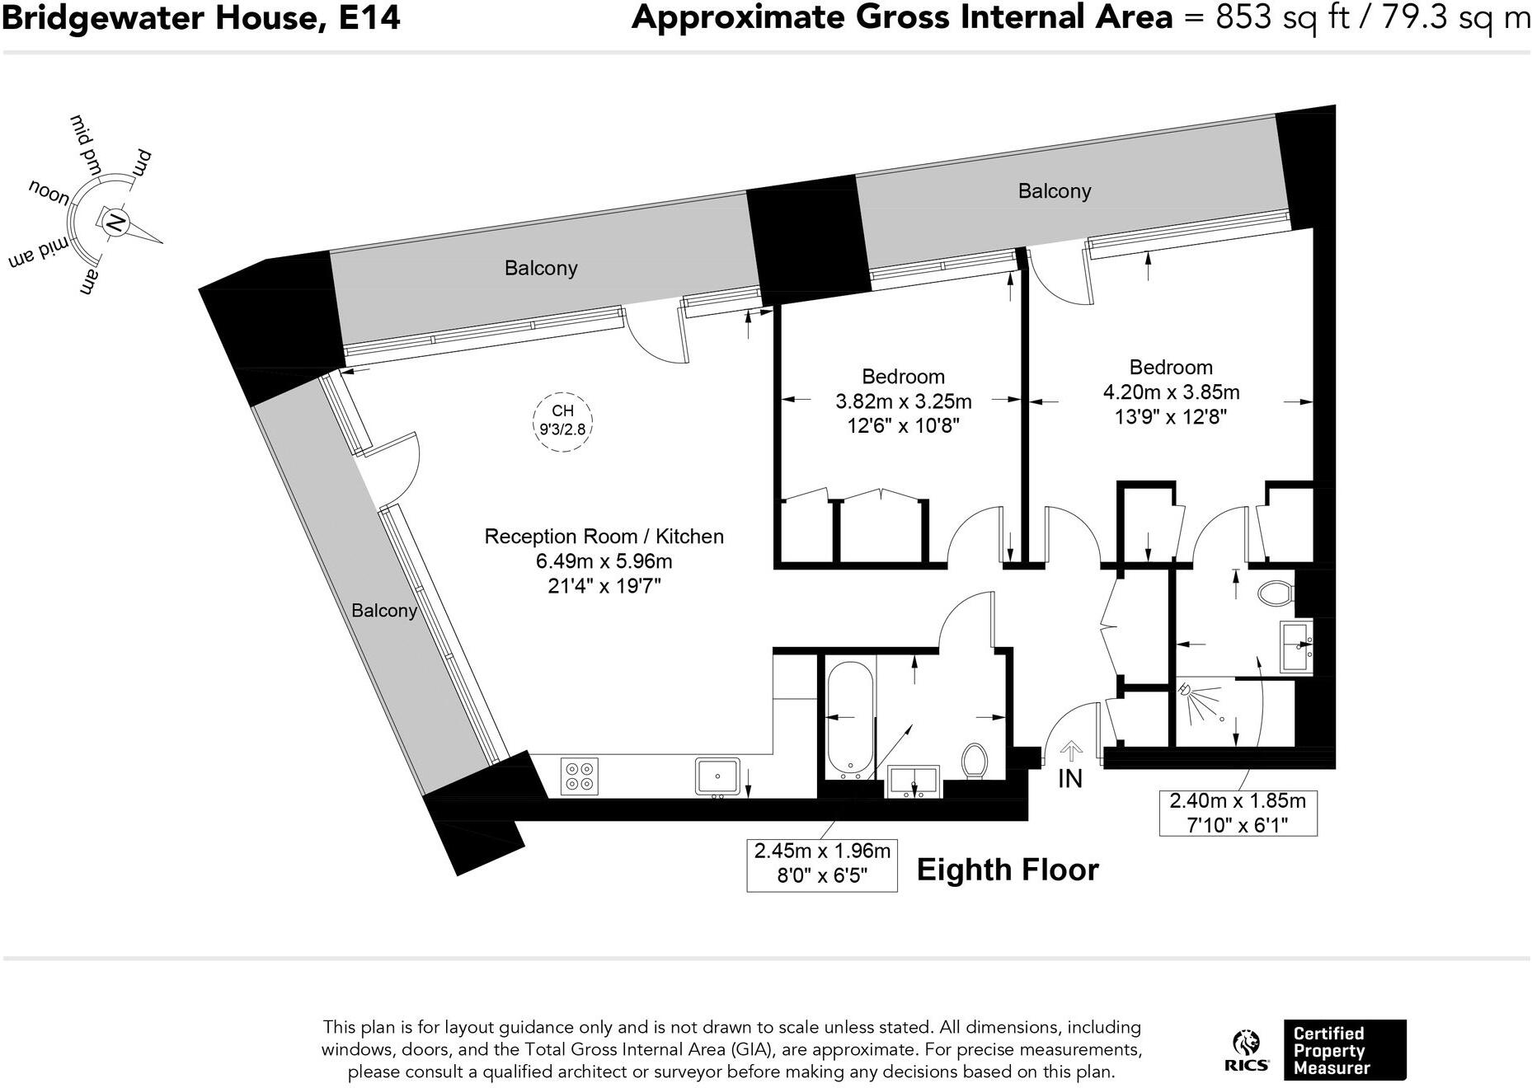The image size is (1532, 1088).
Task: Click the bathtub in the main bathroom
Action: (849, 719)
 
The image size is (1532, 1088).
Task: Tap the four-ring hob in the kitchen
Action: (579, 776)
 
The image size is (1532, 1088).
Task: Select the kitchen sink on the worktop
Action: (717, 776)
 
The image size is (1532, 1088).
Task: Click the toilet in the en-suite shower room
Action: (1277, 593)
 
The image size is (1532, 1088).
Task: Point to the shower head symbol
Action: (1186, 689)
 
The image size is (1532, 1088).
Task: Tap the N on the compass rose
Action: (115, 222)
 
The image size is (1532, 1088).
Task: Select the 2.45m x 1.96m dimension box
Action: (822, 864)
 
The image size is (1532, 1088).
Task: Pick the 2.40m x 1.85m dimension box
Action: (1238, 812)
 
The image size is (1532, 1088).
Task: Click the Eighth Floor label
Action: (1008, 870)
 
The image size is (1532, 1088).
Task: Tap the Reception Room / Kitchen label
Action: (604, 537)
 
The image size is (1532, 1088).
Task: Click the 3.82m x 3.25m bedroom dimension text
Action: (903, 401)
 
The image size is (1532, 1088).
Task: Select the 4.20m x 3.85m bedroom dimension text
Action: (1171, 392)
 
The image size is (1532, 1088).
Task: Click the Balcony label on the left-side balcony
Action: (383, 611)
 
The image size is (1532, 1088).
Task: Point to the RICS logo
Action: (1246, 1050)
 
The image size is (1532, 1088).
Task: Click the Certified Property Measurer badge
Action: (1344, 1050)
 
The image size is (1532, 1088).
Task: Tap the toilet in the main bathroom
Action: (975, 760)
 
